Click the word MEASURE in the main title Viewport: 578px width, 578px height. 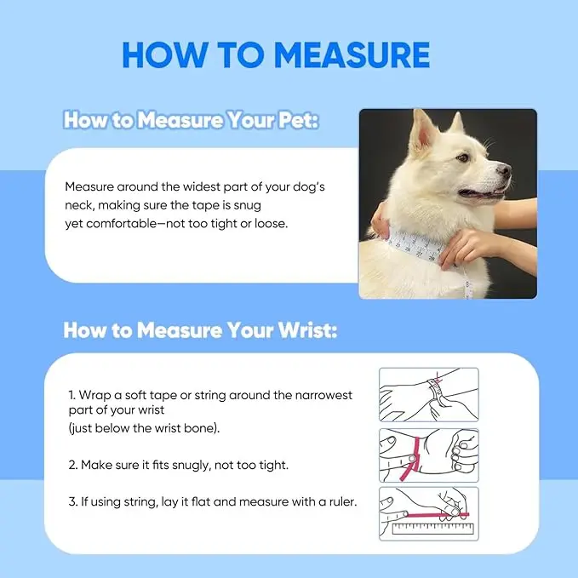click(x=352, y=55)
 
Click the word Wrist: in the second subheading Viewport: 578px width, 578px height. click(x=307, y=329)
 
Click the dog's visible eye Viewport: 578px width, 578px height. click(x=462, y=158)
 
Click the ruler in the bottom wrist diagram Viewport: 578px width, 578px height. click(x=432, y=529)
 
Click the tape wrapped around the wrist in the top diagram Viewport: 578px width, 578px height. click(x=435, y=392)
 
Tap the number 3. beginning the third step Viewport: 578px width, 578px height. click(x=72, y=501)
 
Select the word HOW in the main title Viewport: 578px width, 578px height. click(x=164, y=55)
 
